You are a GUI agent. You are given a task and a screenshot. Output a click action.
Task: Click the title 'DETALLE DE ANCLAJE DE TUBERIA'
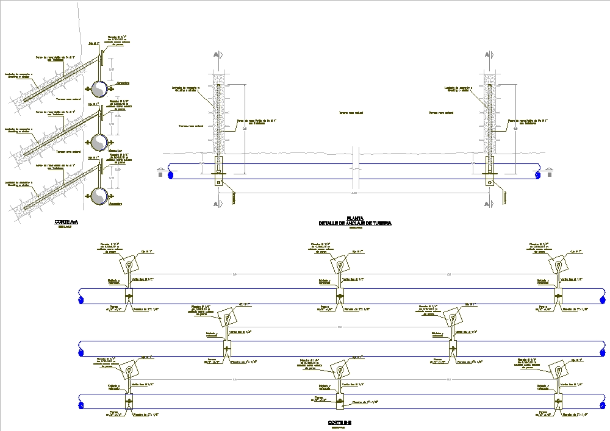coord(354,223)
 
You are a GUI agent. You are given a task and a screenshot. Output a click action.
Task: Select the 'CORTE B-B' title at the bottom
coord(339,422)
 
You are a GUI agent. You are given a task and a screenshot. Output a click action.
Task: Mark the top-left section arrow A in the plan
coord(215,55)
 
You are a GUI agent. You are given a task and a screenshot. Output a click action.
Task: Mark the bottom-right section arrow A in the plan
coord(486,203)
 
